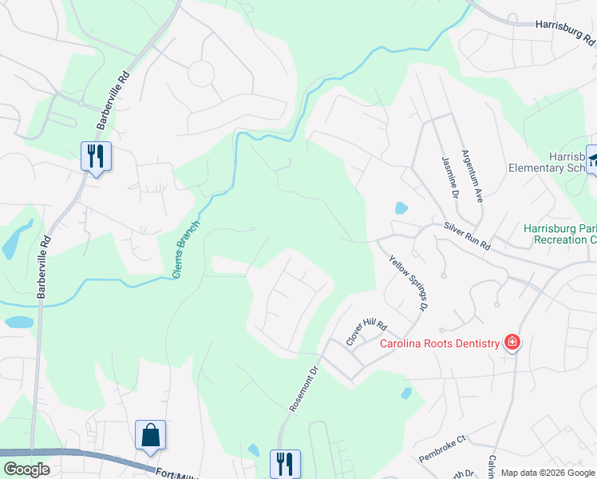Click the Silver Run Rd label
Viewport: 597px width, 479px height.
click(467, 237)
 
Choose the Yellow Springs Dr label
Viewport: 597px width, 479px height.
click(408, 283)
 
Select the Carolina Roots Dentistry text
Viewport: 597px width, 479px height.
click(439, 344)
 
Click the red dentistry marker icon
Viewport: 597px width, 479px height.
click(512, 343)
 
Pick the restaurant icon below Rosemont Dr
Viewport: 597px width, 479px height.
click(284, 463)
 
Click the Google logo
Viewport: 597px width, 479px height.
click(26, 469)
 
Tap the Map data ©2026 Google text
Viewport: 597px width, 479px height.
click(548, 473)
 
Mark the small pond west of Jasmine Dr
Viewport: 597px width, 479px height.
click(401, 208)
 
